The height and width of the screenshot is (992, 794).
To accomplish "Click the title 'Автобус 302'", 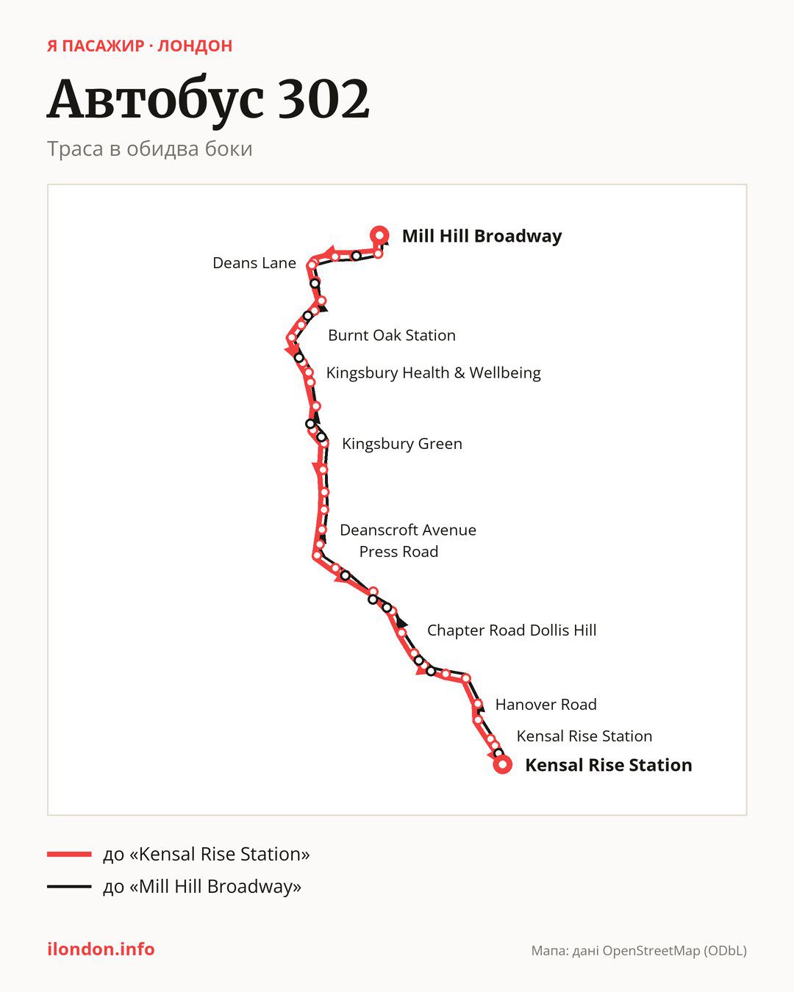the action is click(208, 100).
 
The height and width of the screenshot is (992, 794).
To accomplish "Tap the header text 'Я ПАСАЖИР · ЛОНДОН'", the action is click(140, 46).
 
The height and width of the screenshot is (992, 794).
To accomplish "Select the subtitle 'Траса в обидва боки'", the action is click(150, 149).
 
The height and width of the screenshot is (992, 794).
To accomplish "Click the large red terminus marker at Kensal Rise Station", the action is click(502, 765).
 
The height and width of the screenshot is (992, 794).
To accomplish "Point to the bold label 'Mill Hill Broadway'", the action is click(482, 236).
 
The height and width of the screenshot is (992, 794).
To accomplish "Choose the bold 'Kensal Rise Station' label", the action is click(609, 765).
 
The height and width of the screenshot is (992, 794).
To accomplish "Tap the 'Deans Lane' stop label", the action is click(254, 263).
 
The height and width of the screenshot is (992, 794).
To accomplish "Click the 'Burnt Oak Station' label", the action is click(392, 335).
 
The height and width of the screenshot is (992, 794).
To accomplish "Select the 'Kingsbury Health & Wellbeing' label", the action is click(433, 373).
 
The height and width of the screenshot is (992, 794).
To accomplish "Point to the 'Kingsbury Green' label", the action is click(402, 444).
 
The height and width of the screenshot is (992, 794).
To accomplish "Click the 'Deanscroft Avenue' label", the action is click(408, 530).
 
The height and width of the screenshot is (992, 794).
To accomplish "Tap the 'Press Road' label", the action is click(398, 552).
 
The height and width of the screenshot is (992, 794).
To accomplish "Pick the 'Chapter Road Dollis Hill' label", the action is click(512, 630).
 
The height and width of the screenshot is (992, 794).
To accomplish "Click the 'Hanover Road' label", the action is click(546, 705).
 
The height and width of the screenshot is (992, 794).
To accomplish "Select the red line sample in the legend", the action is click(69, 855).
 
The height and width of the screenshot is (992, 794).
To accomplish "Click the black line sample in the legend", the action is click(69, 886).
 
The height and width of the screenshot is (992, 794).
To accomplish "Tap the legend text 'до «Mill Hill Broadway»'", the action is click(202, 886).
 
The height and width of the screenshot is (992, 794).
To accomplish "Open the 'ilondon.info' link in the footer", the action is click(101, 949).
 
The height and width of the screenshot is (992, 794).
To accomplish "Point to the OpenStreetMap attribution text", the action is click(639, 951).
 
